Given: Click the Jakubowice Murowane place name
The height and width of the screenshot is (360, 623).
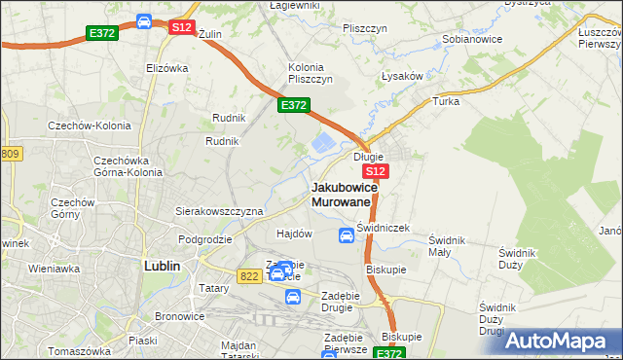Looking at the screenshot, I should click(x=341, y=193).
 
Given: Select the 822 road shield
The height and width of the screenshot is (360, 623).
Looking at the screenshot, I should click(x=247, y=276).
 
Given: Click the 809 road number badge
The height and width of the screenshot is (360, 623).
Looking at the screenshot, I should click(x=11, y=154).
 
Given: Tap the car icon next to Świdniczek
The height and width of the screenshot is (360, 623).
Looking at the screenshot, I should click(x=347, y=234).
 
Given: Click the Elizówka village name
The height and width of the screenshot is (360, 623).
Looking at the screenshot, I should click(x=166, y=68).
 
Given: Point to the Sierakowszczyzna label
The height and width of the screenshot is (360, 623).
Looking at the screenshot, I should click(x=219, y=210).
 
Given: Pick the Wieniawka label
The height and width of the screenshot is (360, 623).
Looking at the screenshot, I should click(x=54, y=268).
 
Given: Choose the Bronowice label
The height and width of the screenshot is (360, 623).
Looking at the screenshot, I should click(x=177, y=317).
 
